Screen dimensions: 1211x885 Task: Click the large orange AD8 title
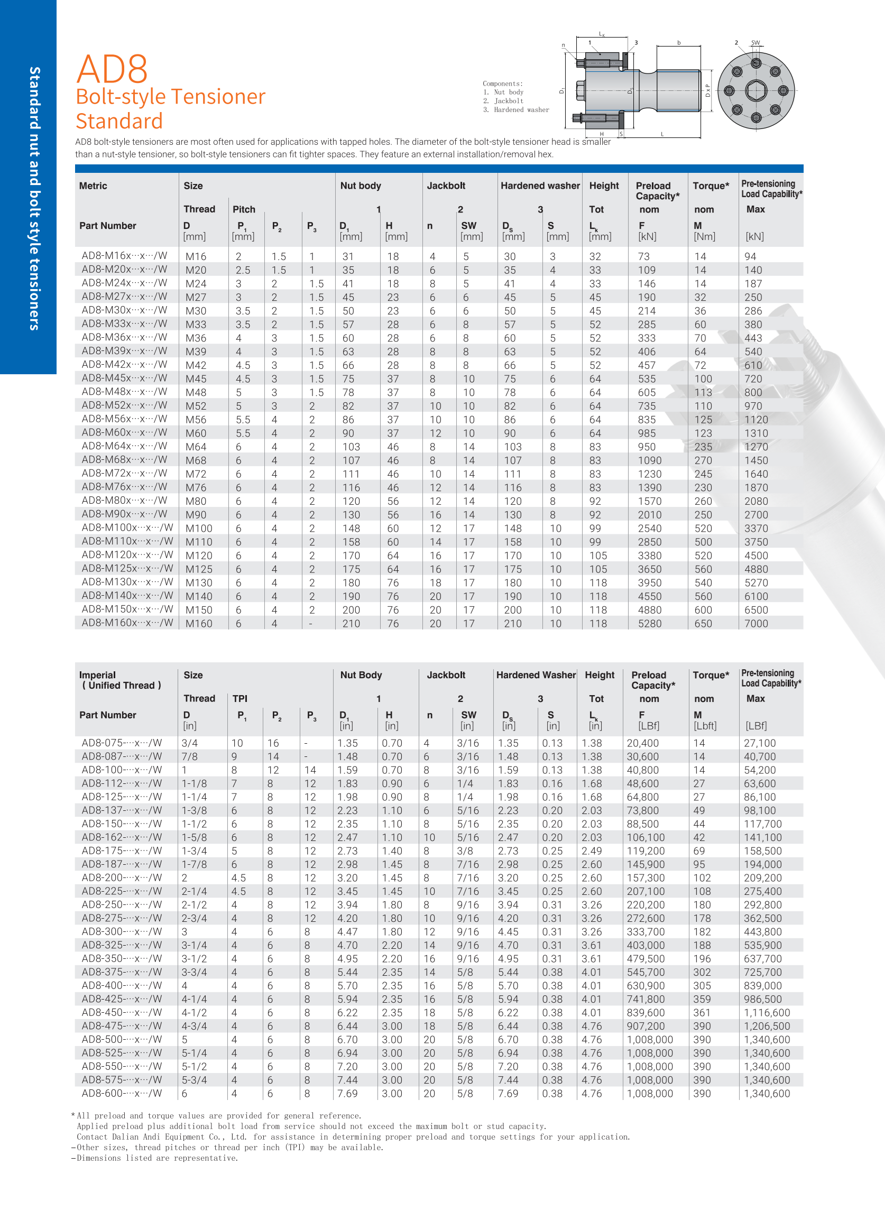pos(112,69)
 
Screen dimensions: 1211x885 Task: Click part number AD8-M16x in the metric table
pos(124,255)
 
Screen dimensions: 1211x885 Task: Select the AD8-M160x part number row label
pos(127,623)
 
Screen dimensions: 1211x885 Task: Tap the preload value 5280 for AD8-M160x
pos(649,623)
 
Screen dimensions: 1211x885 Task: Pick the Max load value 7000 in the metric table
pos(756,623)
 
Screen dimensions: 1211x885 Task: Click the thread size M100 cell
pos(199,529)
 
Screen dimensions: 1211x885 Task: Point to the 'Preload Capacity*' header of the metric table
pos(657,191)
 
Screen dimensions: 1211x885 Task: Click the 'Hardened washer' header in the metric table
pos(539,186)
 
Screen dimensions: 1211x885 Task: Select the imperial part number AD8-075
pos(122,743)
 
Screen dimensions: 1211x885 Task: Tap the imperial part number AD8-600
pos(122,1093)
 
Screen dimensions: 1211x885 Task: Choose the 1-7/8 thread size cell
pos(194,864)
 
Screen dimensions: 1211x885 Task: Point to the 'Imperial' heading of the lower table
pos(97,675)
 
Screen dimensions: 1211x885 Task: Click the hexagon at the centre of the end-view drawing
pos(756,90)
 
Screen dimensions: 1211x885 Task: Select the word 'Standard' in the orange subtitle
pos(119,121)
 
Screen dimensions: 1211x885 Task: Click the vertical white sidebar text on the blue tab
pos(34,198)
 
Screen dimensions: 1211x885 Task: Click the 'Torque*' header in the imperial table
pos(711,675)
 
